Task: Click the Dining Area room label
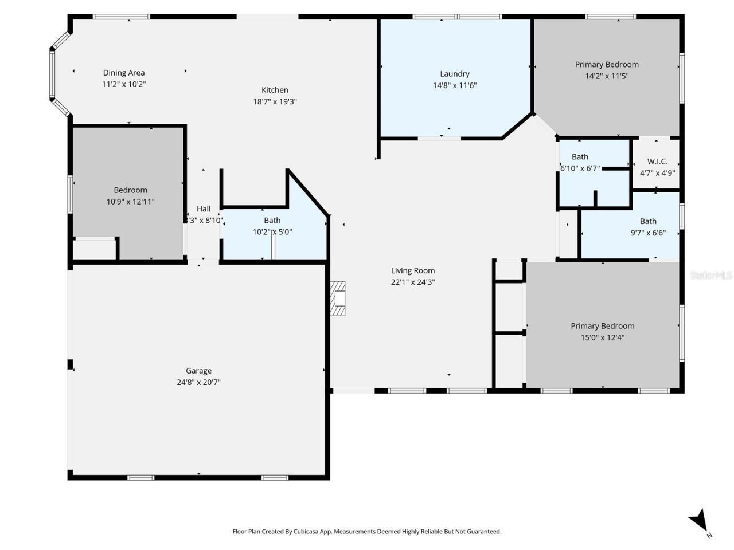(124, 73)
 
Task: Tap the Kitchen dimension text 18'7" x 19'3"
(275, 101)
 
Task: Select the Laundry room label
(455, 74)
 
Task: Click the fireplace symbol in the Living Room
(339, 298)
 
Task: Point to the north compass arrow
(699, 521)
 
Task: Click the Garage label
(198, 371)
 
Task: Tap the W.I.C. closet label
(657, 162)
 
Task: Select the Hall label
(204, 209)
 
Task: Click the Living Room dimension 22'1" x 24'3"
(413, 282)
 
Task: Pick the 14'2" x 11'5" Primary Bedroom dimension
(607, 76)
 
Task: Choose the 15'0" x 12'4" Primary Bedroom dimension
(602, 337)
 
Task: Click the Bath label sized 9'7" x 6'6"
(648, 221)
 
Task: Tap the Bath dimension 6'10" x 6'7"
(580, 168)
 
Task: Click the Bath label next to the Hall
(272, 221)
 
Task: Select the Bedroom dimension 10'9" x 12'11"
(130, 202)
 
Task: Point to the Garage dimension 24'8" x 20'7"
(198, 382)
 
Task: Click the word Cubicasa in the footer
(307, 532)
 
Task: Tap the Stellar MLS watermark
(711, 276)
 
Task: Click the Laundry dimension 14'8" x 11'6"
(455, 85)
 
